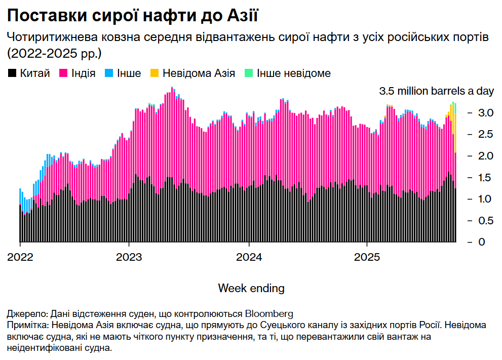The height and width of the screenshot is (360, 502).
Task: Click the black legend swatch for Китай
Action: click(12, 74)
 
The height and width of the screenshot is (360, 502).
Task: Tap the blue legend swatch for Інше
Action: click(108, 74)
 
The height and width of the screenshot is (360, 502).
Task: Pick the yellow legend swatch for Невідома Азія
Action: click(154, 74)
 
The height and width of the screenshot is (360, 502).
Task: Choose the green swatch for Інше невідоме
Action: click(248, 74)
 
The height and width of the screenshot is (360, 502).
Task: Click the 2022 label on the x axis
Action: click(20, 257)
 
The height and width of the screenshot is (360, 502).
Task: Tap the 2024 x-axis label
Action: click(249, 257)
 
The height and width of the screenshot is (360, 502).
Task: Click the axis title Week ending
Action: click(251, 288)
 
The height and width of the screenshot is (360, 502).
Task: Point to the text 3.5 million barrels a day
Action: click(436, 92)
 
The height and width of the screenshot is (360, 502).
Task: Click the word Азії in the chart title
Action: click(239, 16)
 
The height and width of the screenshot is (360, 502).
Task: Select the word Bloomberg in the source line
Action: click(269, 312)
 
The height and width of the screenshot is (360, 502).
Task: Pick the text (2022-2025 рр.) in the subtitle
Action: click(54, 52)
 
